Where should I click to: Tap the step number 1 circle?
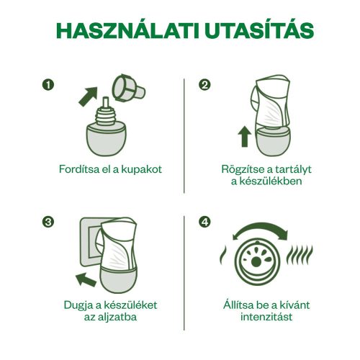49,85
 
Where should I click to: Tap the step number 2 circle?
206,85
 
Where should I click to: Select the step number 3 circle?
49,222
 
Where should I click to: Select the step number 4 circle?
206,222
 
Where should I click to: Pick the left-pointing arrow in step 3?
86,278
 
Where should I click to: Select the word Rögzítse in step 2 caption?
242,169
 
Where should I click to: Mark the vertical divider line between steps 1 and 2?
185,137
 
